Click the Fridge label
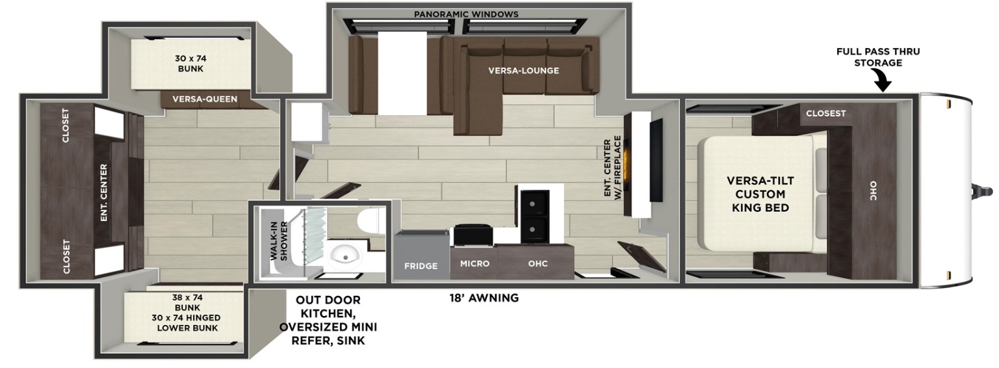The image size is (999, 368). [x=421, y=267]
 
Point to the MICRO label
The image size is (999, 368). [x=474, y=263]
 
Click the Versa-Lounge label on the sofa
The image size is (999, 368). [x=524, y=70]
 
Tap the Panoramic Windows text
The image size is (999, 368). [x=466, y=14]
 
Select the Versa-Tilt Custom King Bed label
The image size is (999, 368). [x=760, y=194]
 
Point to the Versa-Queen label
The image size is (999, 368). [x=205, y=99]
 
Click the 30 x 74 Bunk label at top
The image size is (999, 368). [x=190, y=63]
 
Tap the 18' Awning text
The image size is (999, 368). [x=484, y=298]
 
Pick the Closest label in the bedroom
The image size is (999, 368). [x=825, y=113]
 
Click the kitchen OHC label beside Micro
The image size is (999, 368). [x=538, y=263]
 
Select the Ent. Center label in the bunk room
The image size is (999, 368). [x=104, y=192]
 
